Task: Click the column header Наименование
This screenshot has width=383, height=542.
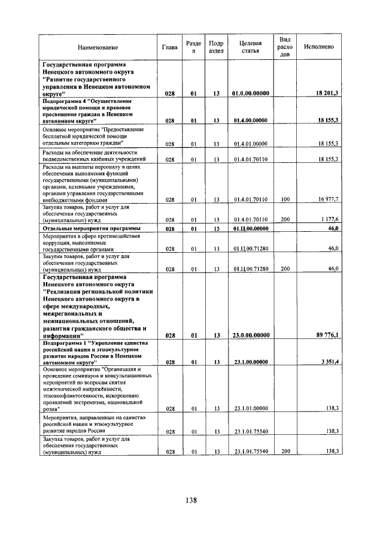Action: click(x=98, y=47)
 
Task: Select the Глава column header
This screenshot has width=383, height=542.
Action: click(x=170, y=47)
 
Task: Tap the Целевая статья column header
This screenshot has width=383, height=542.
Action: click(x=250, y=47)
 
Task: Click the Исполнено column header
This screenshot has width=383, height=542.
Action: click(x=318, y=47)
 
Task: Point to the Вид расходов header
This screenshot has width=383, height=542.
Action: click(x=285, y=47)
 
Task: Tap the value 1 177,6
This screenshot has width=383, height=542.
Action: click(x=329, y=220)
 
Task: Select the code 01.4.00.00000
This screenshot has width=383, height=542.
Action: click(x=251, y=120)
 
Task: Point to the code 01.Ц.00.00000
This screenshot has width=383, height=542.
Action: click(x=251, y=229)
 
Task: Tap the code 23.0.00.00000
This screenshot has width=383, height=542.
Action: click(x=251, y=335)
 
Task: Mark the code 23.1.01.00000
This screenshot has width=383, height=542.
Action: click(x=251, y=408)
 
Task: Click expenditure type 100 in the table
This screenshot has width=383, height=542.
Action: click(x=285, y=199)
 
